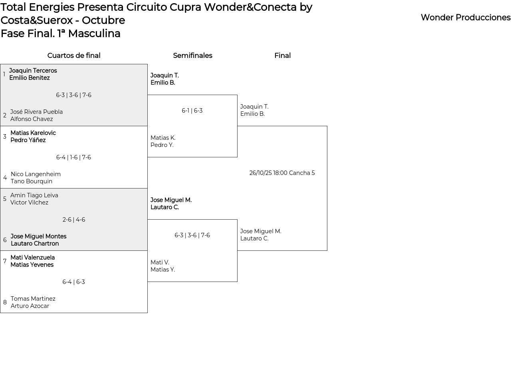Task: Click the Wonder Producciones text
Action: coord(465,18)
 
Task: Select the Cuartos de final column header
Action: coord(74,56)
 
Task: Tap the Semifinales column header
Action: coord(192,56)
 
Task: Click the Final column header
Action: coord(282,56)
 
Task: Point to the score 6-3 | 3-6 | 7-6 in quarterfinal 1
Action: coord(73,95)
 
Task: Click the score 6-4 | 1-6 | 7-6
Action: coord(73,157)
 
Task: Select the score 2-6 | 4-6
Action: coord(74,220)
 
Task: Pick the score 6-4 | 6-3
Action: coord(73,282)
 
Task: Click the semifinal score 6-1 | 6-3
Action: coord(192,111)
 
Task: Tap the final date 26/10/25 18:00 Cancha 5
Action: coord(282,173)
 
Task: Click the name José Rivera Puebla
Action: coord(36,112)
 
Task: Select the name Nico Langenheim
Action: coord(36,174)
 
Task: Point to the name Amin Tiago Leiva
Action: coord(34,195)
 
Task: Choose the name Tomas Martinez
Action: coord(33,299)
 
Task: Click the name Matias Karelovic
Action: coord(33,133)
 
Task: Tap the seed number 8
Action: coord(5,302)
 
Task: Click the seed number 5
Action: coord(5,199)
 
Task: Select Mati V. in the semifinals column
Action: coord(160,262)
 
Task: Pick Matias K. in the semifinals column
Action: coord(163,138)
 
